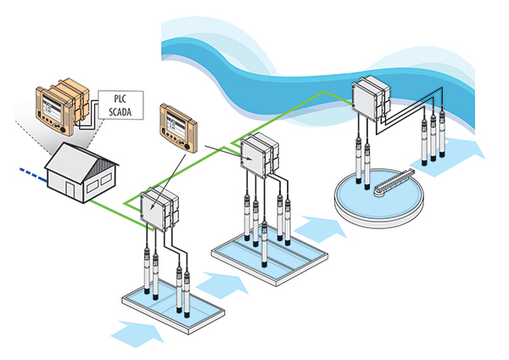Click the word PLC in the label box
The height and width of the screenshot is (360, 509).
coord(113,98)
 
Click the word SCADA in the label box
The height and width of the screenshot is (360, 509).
coord(117,111)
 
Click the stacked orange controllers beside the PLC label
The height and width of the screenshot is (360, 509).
coord(61,108)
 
